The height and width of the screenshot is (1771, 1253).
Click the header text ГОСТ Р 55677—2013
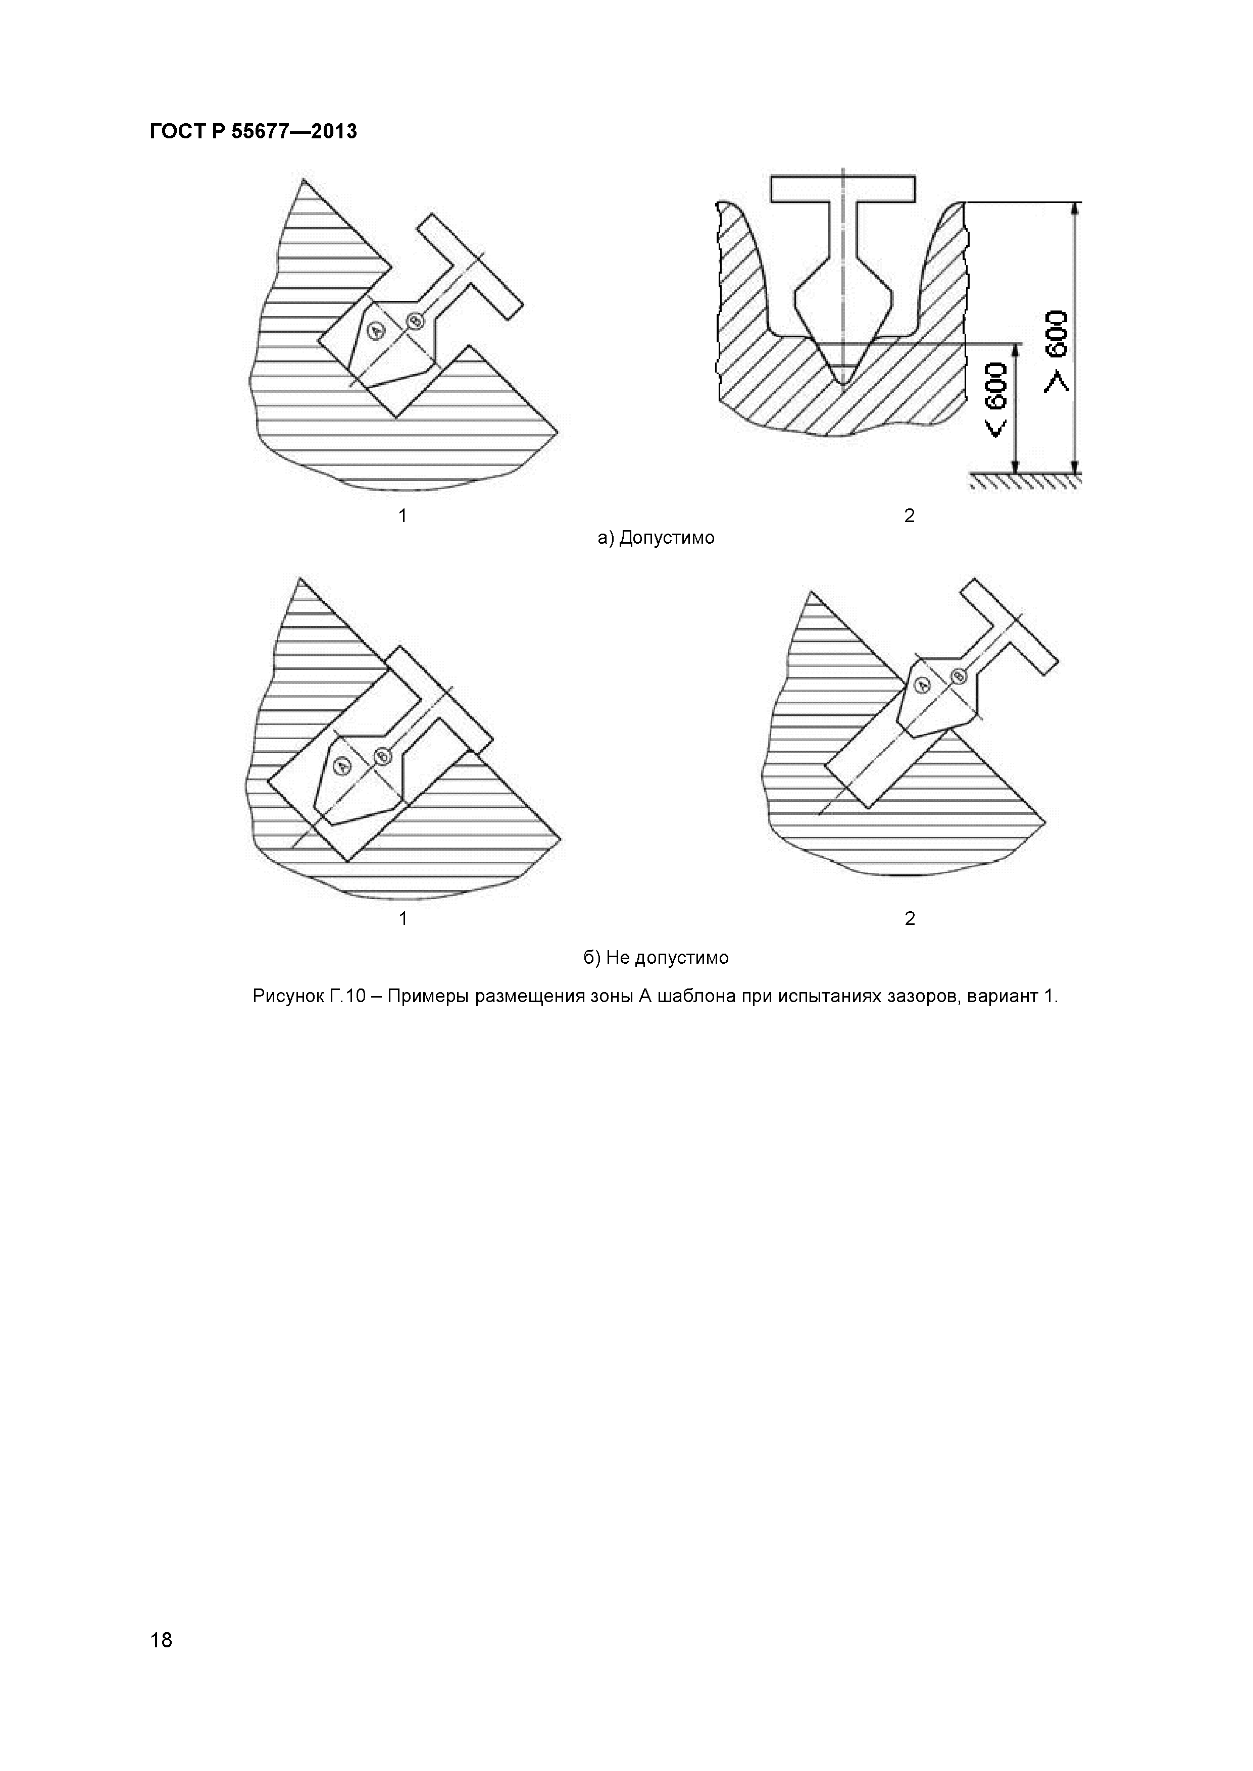coord(253,132)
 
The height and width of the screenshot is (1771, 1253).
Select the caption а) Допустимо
coord(656,538)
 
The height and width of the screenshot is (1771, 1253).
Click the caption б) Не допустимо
coord(656,958)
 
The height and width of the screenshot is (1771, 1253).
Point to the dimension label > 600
coord(1057,352)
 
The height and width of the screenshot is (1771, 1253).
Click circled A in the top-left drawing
coord(377,331)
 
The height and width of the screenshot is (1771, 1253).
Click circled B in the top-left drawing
coord(415,320)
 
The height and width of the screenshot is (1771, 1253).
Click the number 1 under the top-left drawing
coord(402,515)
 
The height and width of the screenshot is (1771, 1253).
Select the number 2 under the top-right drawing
coord(909,515)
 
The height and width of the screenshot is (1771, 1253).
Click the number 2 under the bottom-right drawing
coord(910,919)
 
